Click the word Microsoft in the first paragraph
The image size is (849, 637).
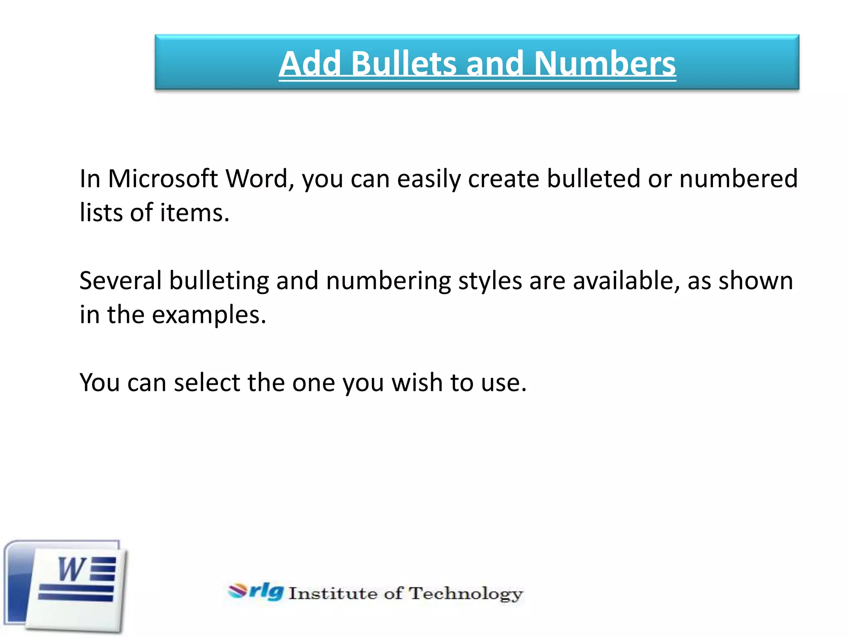coord(163,179)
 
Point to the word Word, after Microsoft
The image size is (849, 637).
coord(260,179)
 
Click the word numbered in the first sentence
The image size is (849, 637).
coord(738,179)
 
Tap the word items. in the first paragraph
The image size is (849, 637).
coord(194,213)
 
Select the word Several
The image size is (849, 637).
coord(120,281)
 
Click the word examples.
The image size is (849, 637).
coord(209,315)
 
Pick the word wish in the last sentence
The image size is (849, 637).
coord(417,382)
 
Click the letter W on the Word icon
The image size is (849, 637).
coord(72,569)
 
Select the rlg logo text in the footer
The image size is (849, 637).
coord(266,591)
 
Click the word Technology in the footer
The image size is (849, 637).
coord(466,594)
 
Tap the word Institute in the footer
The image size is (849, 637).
coord(333,593)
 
